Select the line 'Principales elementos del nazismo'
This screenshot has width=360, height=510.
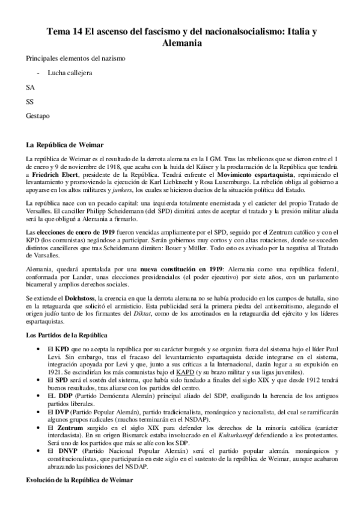pyautogui.click(x=76, y=59)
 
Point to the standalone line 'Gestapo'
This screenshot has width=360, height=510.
pyautogui.click(x=37, y=115)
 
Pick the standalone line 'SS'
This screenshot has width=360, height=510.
pyautogui.click(x=30, y=101)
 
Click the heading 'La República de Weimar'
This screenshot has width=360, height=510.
pyautogui.click(x=65, y=145)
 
